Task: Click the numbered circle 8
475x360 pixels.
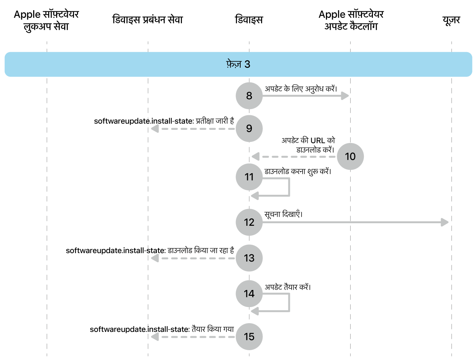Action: pos(249,96)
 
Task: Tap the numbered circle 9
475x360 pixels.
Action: pos(249,128)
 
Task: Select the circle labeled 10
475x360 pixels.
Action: pos(350,156)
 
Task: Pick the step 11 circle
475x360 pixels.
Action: pos(249,177)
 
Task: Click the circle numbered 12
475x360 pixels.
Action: pos(249,222)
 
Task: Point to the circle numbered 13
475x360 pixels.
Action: pos(249,258)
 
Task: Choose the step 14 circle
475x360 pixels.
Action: pos(249,294)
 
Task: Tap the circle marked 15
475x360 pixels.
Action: pos(249,336)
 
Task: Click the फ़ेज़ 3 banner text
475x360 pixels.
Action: pos(238,65)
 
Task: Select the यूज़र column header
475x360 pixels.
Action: pos(451,20)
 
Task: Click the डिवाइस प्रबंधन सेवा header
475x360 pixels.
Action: pos(147,20)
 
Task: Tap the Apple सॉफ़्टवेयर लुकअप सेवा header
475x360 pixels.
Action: pos(46,20)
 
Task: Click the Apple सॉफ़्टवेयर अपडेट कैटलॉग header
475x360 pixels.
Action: pos(351,20)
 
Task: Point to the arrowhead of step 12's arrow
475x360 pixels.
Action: pos(445,222)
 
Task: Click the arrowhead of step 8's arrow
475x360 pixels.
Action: pos(345,96)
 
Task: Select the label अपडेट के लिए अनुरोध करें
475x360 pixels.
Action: pos(301,89)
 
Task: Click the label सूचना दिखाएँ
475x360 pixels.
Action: pos(283,214)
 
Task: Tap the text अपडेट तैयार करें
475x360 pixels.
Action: pos(287,287)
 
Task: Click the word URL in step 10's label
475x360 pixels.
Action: pos(318,140)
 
